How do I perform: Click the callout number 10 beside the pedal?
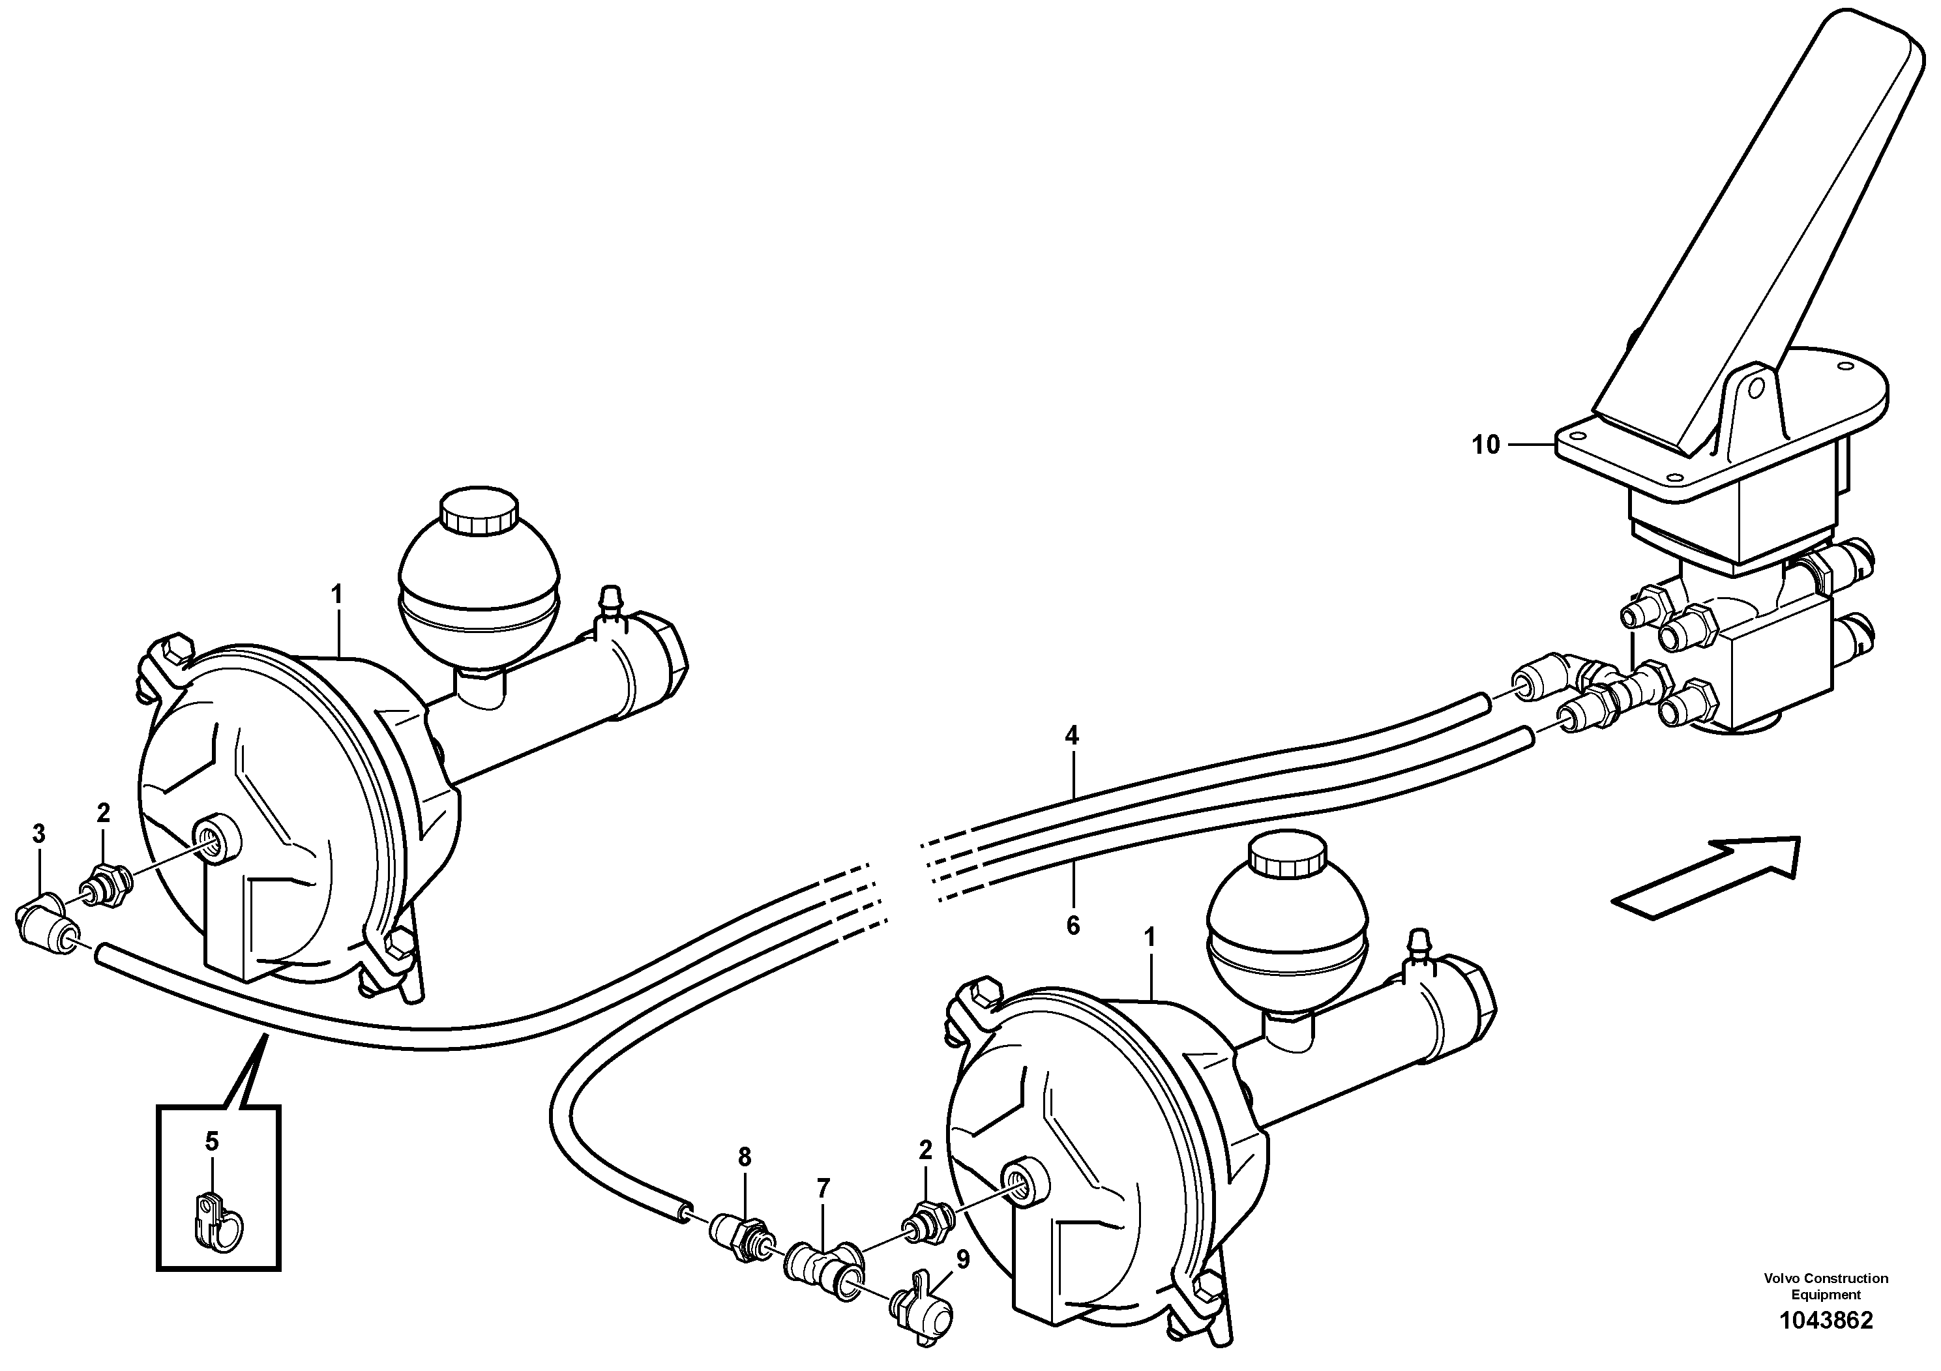(1485, 445)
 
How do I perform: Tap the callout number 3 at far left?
(39, 833)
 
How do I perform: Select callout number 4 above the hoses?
(1072, 735)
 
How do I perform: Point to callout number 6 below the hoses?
(1073, 926)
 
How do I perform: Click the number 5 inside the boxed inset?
(211, 1142)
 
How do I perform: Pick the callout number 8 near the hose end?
(744, 1157)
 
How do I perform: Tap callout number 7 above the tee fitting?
(823, 1188)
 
